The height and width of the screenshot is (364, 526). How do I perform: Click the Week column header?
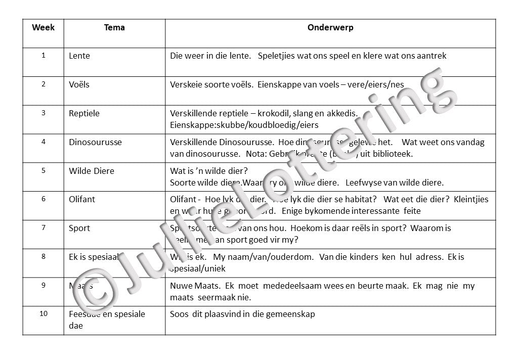[x=43, y=27]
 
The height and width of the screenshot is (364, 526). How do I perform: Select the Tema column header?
[x=114, y=27]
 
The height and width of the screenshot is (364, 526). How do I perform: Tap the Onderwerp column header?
[x=330, y=27]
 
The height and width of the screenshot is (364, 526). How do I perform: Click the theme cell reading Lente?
[x=79, y=56]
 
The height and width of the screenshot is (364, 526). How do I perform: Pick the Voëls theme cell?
[x=79, y=84]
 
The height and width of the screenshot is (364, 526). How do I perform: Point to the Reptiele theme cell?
[x=84, y=113]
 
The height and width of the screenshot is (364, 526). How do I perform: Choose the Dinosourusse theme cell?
[x=95, y=142]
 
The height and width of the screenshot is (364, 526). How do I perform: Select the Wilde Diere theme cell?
[x=92, y=171]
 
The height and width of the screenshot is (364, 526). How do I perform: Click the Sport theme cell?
[x=79, y=228]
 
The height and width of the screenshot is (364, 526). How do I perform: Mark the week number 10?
[x=43, y=314]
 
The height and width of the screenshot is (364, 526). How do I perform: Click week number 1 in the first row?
[x=43, y=56]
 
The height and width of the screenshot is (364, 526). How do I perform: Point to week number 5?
[x=43, y=170]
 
